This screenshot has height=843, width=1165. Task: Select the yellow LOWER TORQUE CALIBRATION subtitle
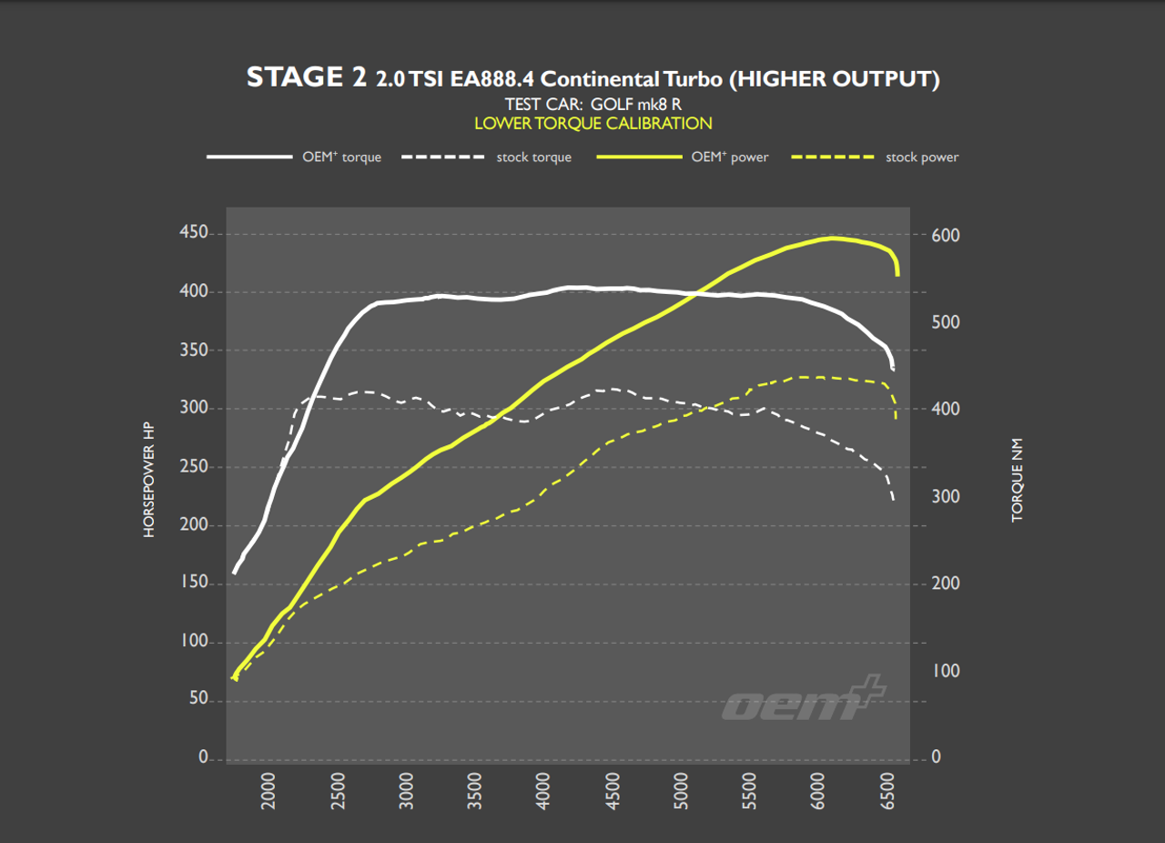593,123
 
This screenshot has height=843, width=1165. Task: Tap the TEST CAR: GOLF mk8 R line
593,104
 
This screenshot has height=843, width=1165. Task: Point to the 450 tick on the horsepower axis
193,233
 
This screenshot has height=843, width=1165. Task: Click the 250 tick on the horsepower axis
193,466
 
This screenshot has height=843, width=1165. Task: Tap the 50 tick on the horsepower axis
197,700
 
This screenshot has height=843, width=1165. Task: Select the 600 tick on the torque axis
946,236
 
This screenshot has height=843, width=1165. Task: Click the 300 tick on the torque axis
946,497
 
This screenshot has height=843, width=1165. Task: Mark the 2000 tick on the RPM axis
268,791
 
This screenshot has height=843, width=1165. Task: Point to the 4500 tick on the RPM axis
614,791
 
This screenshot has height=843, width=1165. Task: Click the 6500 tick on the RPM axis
891,791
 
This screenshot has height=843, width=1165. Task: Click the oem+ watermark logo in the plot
803,699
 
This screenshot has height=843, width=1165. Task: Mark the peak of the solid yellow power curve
831,239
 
